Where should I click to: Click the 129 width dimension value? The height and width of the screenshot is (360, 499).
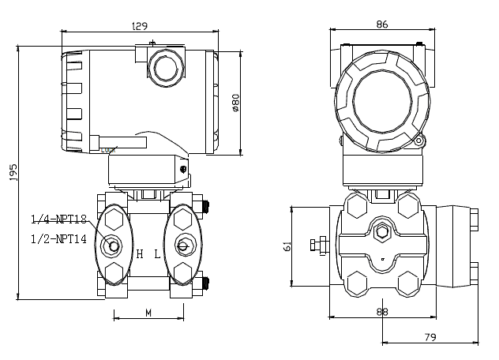tap(139, 25)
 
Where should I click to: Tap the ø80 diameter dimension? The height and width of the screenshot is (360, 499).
tap(235, 102)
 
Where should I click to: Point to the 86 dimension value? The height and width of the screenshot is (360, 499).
tap(382, 24)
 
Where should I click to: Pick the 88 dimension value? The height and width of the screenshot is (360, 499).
tap(382, 312)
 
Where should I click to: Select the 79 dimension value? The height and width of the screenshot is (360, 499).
tap(430, 337)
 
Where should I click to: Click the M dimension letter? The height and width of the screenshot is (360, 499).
tap(148, 313)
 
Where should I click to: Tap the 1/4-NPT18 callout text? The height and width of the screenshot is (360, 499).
tap(58, 219)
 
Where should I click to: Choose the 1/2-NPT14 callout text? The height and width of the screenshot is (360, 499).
tap(58, 238)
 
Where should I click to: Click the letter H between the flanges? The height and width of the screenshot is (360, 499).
tap(140, 254)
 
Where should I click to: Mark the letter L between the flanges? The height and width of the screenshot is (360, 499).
tap(157, 254)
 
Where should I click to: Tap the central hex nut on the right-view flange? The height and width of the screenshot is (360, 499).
tap(383, 233)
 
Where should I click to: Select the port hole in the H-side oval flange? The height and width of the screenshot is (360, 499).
tap(114, 246)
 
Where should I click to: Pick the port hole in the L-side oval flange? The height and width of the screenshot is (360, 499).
tap(183, 246)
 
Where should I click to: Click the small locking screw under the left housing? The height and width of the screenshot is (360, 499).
tap(183, 169)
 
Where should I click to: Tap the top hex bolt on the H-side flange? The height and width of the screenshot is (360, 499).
tap(114, 219)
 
